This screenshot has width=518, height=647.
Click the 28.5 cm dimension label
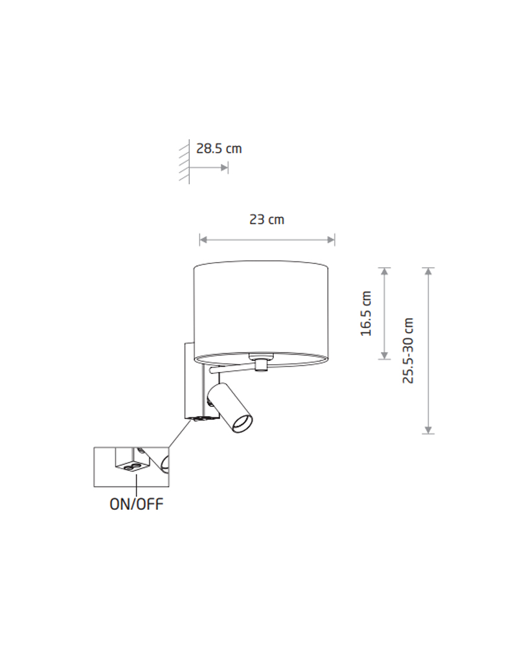tap(219, 149)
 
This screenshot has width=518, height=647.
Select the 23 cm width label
tap(267, 219)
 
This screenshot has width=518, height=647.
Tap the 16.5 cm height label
tap(366, 314)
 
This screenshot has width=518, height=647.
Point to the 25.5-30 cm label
tap(408, 350)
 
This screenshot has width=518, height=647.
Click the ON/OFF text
tap(137, 504)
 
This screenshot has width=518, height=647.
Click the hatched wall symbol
tap(185, 162)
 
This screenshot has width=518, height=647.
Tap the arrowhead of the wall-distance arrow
tap(224, 168)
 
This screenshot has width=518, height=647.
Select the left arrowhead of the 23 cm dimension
tap(203, 240)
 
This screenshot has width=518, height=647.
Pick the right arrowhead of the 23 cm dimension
tap(332, 240)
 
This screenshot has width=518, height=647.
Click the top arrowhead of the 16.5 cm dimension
tap(385, 271)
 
